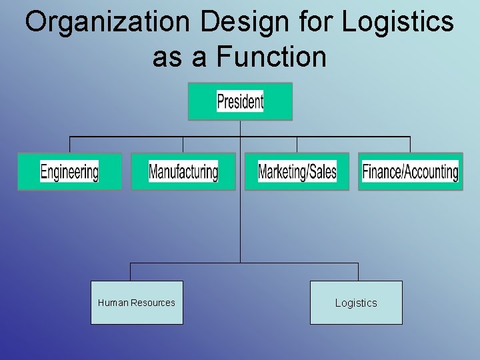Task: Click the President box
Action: (240, 101)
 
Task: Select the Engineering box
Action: (69, 172)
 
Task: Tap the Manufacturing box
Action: (183, 172)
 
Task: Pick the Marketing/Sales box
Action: (297, 172)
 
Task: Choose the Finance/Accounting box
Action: (410, 172)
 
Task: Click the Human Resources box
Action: (137, 303)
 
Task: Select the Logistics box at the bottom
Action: (356, 303)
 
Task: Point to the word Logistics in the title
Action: (398, 22)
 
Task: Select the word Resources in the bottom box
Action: (153, 303)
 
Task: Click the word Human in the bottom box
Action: (113, 303)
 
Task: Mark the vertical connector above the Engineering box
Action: (69, 145)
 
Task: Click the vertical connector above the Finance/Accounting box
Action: (410, 145)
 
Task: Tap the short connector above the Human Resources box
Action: (130, 271)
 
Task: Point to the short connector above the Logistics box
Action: (358, 271)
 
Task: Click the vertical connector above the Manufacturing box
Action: (183, 145)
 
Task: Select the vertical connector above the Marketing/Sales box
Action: (297, 145)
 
